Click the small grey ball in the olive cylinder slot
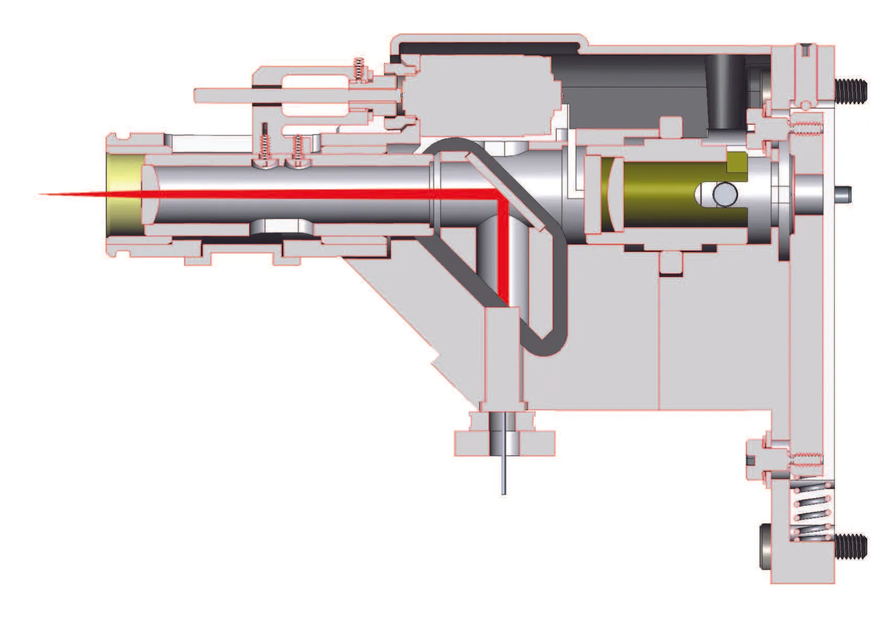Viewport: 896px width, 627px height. [x=725, y=194]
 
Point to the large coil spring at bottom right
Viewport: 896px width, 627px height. [x=812, y=513]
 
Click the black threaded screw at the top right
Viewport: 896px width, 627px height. [x=850, y=91]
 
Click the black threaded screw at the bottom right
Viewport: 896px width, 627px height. [x=850, y=546]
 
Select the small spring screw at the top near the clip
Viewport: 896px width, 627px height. [x=359, y=69]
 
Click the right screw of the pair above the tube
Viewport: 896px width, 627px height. [x=298, y=151]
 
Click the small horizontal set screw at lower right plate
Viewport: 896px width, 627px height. [x=806, y=459]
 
